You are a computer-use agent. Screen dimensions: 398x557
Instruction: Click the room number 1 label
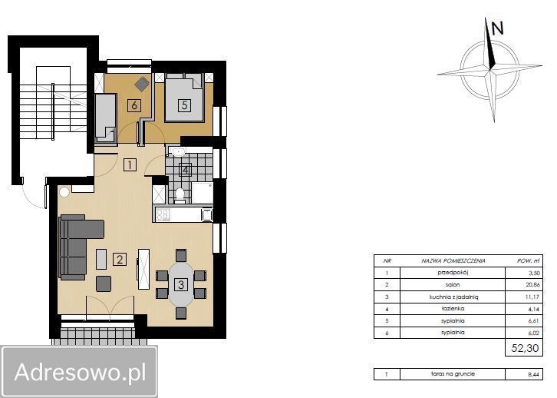[130, 164]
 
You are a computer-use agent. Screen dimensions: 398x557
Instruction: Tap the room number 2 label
[120, 259]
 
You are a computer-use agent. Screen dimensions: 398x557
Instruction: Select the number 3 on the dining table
[181, 284]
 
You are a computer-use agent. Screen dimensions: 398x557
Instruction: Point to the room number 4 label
[185, 170]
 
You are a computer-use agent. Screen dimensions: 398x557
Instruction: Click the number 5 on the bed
[184, 106]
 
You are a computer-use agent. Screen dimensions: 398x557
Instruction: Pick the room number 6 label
[134, 106]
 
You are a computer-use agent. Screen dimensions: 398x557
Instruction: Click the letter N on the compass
[497, 28]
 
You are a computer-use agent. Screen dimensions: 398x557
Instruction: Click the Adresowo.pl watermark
[80, 373]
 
